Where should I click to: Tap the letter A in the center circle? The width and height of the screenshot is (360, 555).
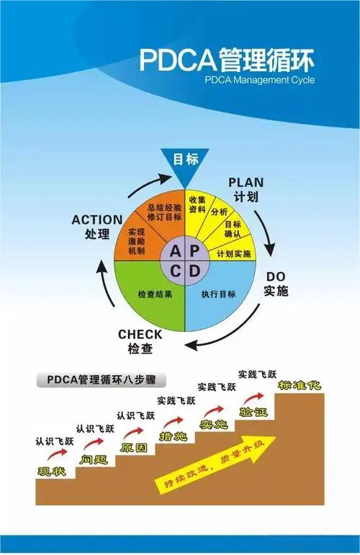point(175,251)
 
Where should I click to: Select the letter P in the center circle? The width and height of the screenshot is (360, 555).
point(194,251)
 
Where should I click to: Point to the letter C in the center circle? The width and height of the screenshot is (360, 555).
point(176,272)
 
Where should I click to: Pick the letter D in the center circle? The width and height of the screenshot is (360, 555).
point(194,272)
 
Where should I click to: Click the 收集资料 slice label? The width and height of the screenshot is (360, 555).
point(197,204)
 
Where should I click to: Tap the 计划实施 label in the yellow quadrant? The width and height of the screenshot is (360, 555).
point(233,254)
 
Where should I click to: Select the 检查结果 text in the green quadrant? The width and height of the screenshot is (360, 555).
point(155,294)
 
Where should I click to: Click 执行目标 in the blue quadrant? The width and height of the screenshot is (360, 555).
point(218,294)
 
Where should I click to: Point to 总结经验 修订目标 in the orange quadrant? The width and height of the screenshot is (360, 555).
point(165,212)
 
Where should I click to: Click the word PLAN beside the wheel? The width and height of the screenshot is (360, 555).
point(246,183)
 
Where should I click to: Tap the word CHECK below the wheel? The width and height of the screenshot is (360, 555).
point(140,335)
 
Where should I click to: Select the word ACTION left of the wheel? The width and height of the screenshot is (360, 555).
point(97,220)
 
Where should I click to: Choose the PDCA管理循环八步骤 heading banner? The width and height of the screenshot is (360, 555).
point(102,380)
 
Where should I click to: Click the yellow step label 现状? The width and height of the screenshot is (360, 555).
point(52,471)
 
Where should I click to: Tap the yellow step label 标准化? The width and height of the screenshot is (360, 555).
point(300,385)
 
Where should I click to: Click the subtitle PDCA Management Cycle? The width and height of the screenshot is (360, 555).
point(259,80)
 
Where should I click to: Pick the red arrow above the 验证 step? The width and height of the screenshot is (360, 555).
point(253,398)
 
